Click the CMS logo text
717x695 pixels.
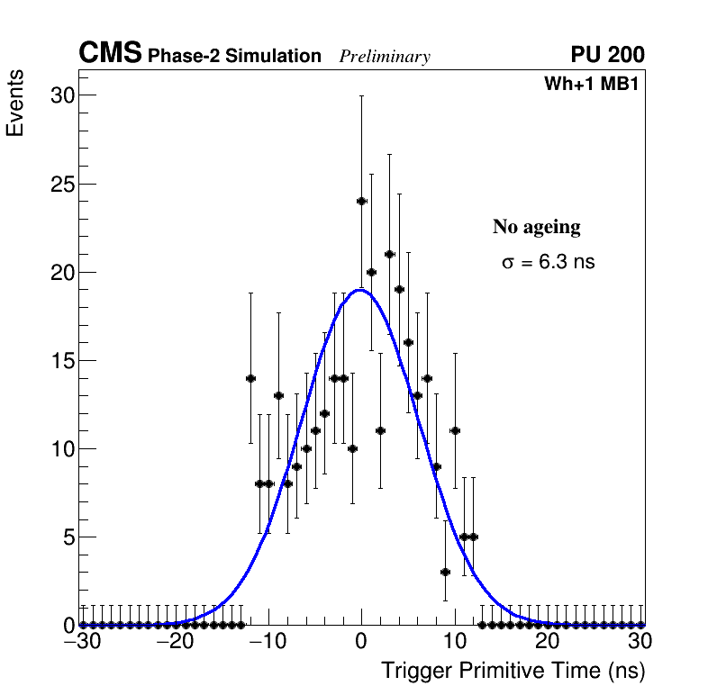point(110,54)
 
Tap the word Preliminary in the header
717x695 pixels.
point(385,58)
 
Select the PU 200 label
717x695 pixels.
point(607,56)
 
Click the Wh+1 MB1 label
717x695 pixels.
point(591,85)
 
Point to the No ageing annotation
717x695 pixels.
point(536,228)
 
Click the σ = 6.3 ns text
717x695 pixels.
point(549,263)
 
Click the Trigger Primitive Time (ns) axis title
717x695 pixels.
point(513,671)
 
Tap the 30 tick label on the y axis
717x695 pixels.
point(60,95)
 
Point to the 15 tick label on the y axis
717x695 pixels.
point(60,361)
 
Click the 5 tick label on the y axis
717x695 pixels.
point(66,537)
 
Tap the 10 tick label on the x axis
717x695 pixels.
point(454,643)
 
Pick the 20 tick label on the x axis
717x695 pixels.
point(548,643)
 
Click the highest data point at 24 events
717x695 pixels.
point(361,201)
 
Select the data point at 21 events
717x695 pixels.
point(389,254)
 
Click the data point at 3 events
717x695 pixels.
point(445,572)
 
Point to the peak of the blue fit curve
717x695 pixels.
point(360,290)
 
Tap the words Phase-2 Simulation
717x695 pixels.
point(234,57)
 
